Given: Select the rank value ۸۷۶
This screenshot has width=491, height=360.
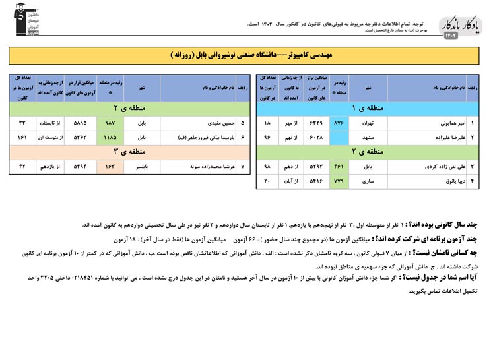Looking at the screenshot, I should [x=339, y=123].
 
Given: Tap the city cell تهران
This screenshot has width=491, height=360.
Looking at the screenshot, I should [x=367, y=123].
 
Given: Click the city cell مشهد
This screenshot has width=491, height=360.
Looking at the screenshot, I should [x=367, y=138].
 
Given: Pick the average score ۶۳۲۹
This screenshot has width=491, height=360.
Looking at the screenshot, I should [x=316, y=123].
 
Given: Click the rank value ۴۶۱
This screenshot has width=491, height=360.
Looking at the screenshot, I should [x=339, y=167].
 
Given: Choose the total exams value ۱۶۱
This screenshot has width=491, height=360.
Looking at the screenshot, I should [x=22, y=138].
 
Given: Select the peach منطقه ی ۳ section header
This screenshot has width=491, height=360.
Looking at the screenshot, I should [x=129, y=152].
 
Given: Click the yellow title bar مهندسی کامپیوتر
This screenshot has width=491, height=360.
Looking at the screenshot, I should [x=245, y=55].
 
